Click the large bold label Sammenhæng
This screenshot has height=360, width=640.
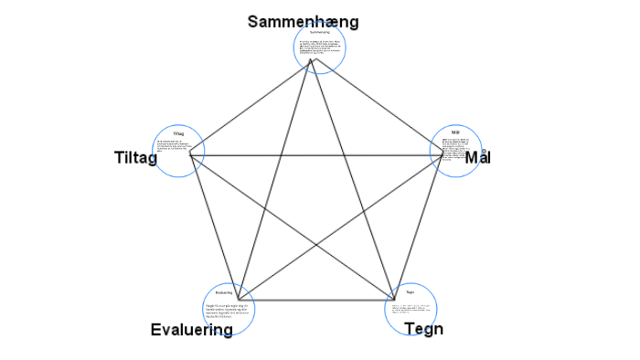pos(303,22)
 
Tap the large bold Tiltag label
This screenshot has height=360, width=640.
pos(135,157)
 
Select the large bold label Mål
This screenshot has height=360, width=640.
pos(478,157)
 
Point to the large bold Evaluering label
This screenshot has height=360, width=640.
pos(191,330)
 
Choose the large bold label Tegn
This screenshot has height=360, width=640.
pos(423,329)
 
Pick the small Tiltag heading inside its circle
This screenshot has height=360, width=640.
pos(178,134)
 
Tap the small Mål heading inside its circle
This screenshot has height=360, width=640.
pos(455,133)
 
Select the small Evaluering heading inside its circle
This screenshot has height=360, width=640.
pos(224,291)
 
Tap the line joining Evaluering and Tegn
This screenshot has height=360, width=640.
pos(315,299)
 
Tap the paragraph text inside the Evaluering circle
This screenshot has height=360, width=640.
pos(228,308)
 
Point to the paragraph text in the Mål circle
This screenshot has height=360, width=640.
pos(454,151)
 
